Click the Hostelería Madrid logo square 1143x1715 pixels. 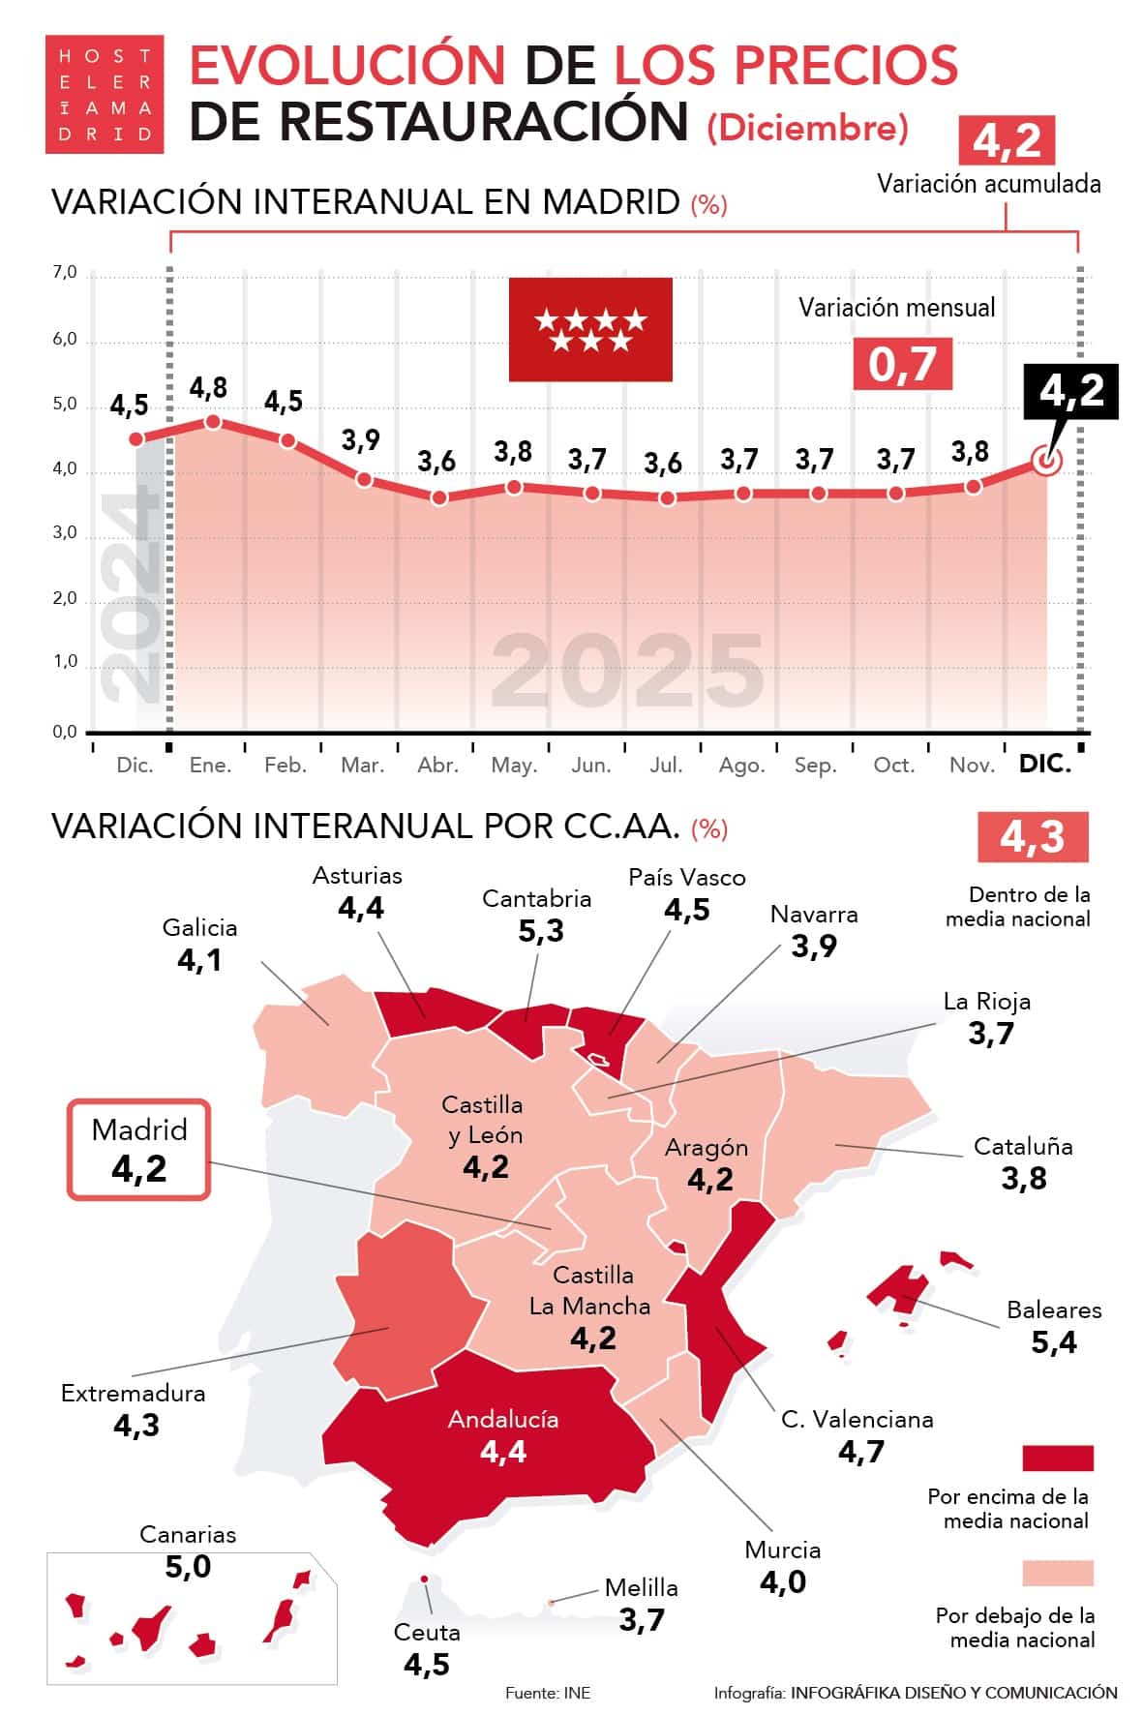pos(105,94)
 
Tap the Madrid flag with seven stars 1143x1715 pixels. pos(590,329)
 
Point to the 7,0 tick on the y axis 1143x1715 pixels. pos(65,273)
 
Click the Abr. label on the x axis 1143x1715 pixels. pos(437,766)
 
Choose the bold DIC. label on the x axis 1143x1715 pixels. pos(1045,765)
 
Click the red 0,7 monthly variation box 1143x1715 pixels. pos(902,364)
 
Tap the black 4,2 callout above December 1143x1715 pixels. pos(1071,391)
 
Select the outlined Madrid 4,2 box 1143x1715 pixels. pos(138,1150)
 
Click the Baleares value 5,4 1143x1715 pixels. pos(1054,1342)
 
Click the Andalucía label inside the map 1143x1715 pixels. pos(503,1419)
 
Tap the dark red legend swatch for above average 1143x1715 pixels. pos(1058,1458)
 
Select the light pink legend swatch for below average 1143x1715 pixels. pos(1058,1573)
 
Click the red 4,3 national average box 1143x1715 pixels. pos(1033,836)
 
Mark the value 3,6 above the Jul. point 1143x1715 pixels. pos(663,464)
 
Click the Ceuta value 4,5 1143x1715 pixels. pos(427,1665)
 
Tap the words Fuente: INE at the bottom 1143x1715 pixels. pos(548,1693)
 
